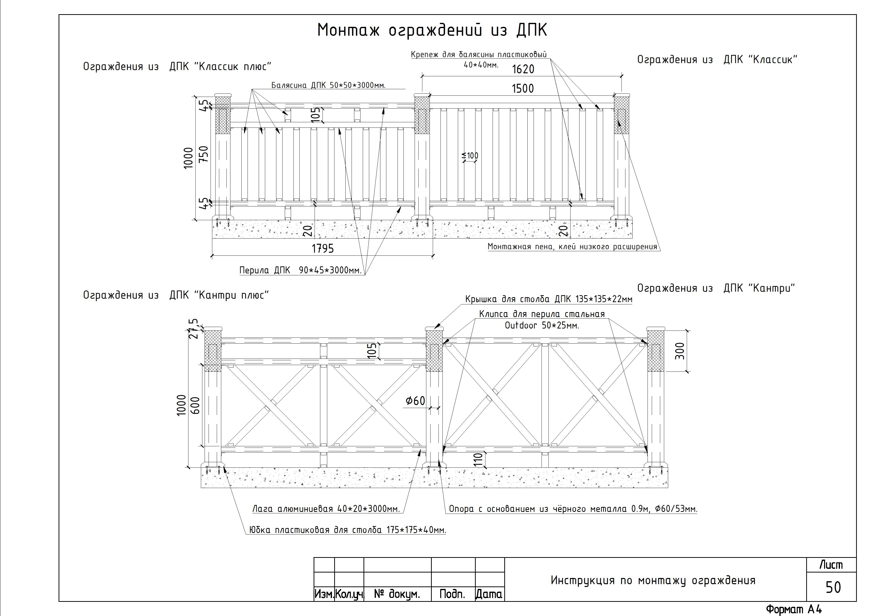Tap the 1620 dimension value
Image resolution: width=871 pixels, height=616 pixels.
pos(523,69)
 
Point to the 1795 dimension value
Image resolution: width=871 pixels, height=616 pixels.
pos(323,248)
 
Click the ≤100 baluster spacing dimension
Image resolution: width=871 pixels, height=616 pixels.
pos(470,156)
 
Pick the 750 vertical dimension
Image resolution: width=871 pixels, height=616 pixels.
pos(204,154)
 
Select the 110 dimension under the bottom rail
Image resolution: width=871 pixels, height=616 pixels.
pos(478,460)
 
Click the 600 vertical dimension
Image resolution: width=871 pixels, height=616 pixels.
pos(195,405)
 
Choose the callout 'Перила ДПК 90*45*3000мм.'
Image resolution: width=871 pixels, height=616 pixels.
pos(300,271)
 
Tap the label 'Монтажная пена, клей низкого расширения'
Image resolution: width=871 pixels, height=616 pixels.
pos(573,247)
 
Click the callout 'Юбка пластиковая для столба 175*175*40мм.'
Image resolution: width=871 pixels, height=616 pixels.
pos(348,530)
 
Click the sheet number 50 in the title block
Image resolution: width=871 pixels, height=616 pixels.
pos(833,587)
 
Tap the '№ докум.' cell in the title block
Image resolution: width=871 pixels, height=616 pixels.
pos(397,594)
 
